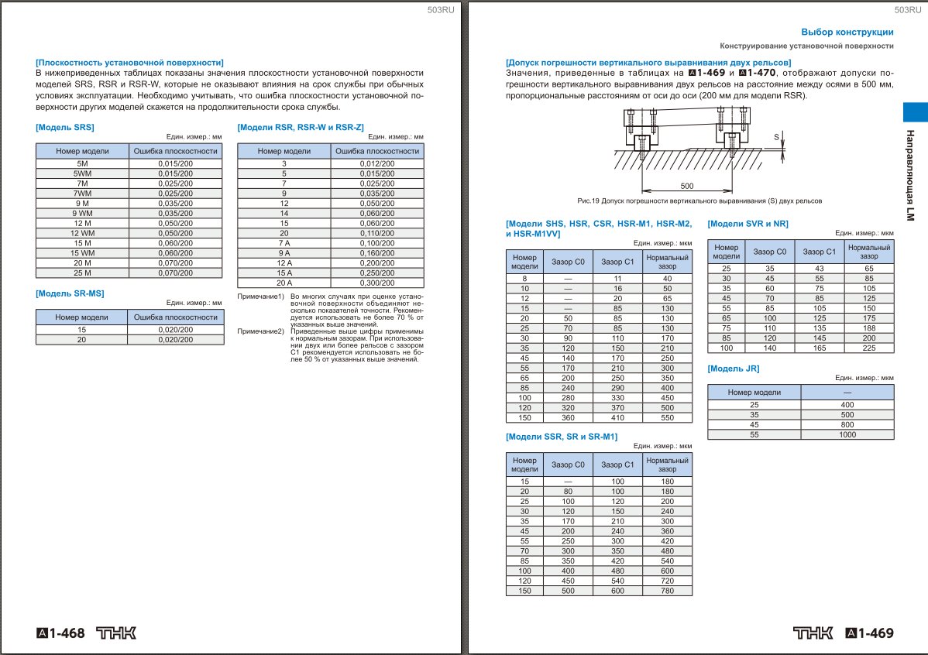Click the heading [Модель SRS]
coord(65,126)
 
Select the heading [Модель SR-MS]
coord(70,293)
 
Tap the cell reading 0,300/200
coord(376,283)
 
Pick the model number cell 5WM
coord(82,173)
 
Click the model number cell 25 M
coord(82,273)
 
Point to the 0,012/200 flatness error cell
coord(376,163)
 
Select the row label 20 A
coord(284,283)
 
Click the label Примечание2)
coord(260,331)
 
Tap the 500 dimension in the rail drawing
coord(686,186)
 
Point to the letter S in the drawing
coord(776,136)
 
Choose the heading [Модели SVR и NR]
coord(748,224)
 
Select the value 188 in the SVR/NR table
coord(869,327)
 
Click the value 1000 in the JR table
coord(847,435)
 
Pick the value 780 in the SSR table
coord(667,591)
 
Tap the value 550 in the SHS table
coord(667,417)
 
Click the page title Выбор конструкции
coord(847,32)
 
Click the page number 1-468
coord(61,633)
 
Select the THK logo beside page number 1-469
coord(813,633)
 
